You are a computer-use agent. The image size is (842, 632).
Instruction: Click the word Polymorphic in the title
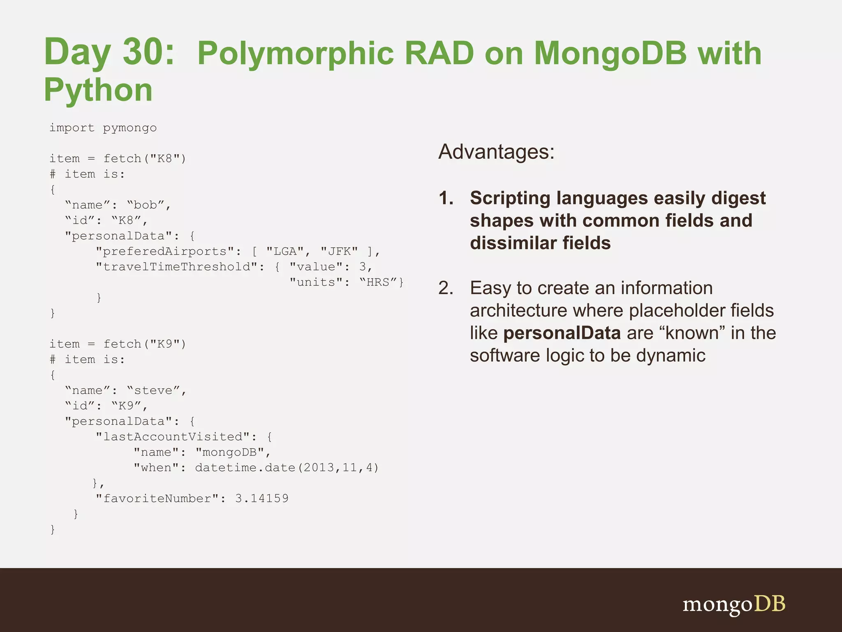coord(295,53)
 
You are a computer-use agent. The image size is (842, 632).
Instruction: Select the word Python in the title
coord(98,90)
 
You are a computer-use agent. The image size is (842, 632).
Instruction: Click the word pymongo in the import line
coord(130,128)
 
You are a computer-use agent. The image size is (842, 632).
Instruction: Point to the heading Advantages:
coord(496,152)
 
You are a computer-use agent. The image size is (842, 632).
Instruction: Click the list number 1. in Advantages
coord(446,198)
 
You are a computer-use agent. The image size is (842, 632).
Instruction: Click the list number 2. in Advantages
coord(446,288)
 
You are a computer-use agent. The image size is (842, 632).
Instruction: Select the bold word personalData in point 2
coord(562,333)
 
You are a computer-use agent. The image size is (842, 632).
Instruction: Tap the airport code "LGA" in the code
coord(285,251)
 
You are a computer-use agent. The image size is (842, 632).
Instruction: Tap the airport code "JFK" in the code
coord(339,251)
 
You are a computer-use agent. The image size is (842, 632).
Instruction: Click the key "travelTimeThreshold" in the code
coord(177,267)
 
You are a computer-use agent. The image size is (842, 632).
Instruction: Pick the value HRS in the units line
coord(378,282)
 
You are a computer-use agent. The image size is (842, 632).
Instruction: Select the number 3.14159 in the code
coord(261,499)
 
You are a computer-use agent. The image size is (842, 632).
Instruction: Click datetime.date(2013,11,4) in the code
coord(287,468)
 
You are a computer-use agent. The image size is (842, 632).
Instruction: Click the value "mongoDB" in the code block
coord(229,452)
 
